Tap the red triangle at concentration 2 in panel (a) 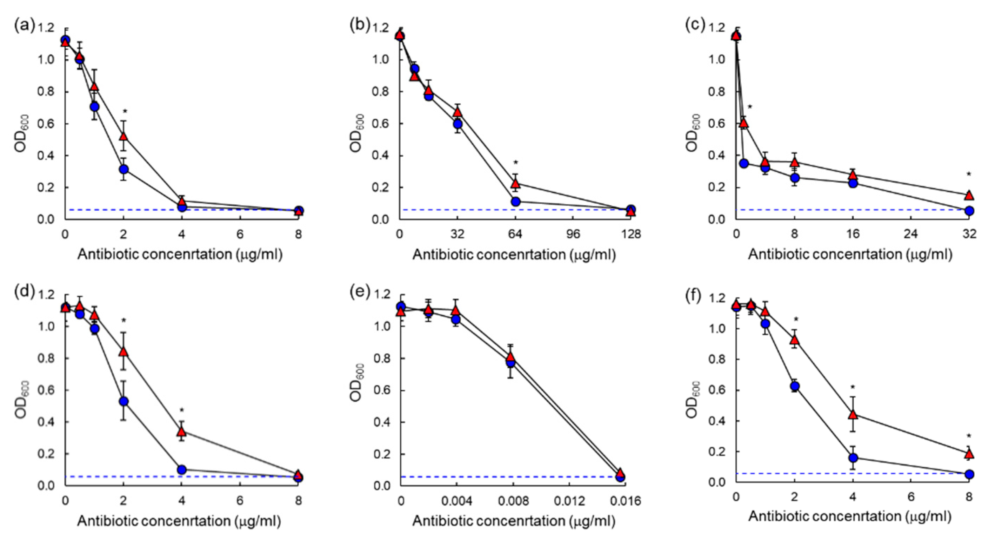(123, 136)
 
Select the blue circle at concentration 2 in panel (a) (123, 169)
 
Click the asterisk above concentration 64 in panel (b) (516, 163)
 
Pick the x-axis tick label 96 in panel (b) (573, 234)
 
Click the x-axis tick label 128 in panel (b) (631, 234)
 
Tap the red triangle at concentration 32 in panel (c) (969, 195)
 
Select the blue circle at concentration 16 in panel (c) (853, 183)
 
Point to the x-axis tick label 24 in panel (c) (911, 234)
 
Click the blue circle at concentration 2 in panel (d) (123, 401)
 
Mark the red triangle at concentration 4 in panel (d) (182, 432)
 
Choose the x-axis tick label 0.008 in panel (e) (515, 501)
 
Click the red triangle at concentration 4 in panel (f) (853, 415)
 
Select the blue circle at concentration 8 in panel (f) (969, 474)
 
